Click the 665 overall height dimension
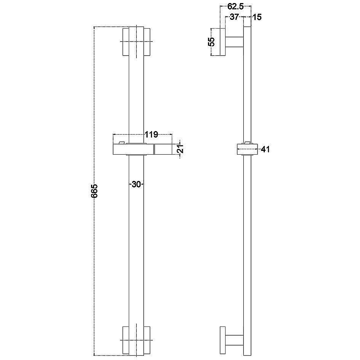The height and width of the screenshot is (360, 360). [95, 190]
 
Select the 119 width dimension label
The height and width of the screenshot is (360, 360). [151, 134]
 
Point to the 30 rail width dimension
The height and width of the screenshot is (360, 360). [136, 184]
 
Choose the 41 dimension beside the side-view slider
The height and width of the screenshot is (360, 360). [265, 149]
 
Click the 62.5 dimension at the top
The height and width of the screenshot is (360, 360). [236, 7]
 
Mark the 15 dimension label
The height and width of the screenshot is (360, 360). [257, 17]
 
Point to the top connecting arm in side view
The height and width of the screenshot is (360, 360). [235, 42]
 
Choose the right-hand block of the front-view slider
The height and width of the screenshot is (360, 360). [163, 150]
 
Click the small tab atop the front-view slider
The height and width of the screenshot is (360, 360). [122, 142]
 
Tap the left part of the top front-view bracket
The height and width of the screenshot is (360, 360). [125, 42]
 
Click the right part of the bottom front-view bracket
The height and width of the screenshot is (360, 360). [148, 340]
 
